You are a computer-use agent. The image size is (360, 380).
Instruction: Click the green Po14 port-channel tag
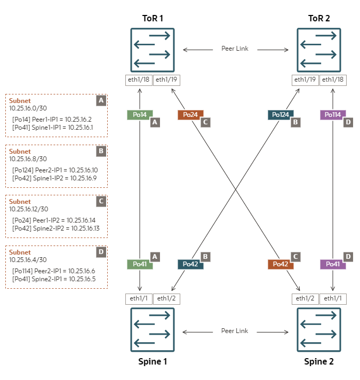click(x=140, y=115)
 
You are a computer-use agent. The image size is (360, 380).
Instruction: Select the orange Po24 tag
click(x=190, y=115)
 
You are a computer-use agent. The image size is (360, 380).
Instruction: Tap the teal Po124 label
click(x=280, y=115)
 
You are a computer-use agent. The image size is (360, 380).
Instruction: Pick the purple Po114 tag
click(x=333, y=115)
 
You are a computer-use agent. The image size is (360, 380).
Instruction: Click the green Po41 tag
click(x=140, y=264)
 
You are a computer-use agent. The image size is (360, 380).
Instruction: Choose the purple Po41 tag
click(x=333, y=264)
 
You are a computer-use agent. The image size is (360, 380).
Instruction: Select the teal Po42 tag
click(x=190, y=264)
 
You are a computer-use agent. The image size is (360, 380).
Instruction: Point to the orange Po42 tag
click(x=280, y=264)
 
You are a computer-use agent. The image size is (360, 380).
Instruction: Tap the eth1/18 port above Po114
click(x=333, y=80)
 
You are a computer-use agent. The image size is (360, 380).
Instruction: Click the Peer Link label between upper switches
click(x=235, y=49)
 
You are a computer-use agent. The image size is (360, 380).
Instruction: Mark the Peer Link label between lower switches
click(x=235, y=331)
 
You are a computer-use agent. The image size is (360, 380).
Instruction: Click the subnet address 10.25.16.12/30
click(x=29, y=209)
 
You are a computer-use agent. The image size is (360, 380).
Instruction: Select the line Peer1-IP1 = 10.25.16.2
click(x=52, y=120)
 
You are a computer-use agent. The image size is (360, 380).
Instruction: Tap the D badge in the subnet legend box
click(x=101, y=252)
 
